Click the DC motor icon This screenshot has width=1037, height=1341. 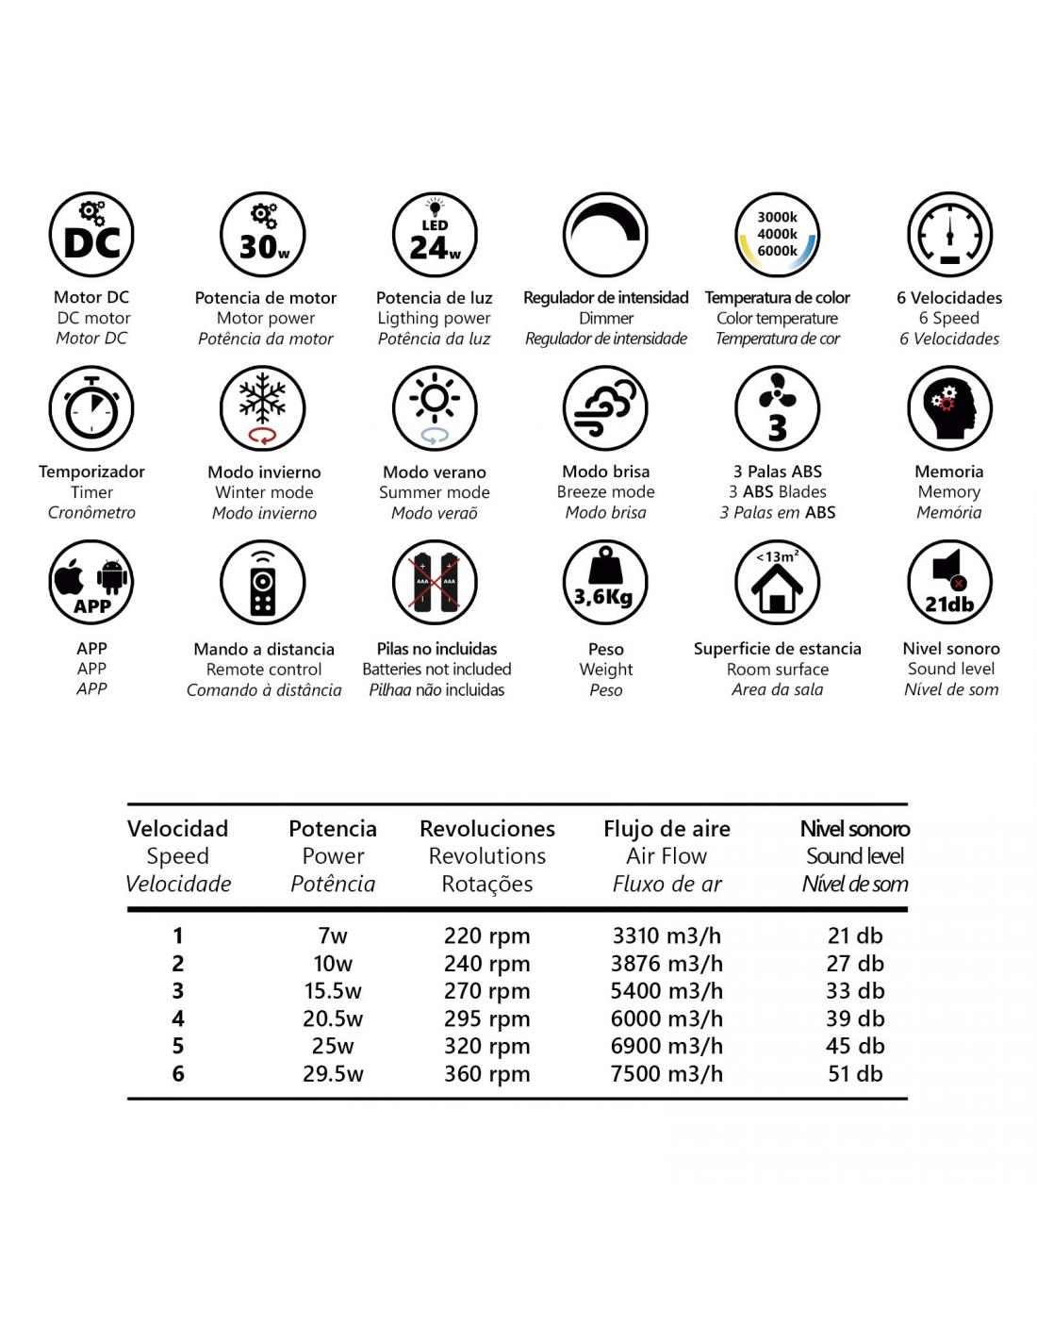pos(91,235)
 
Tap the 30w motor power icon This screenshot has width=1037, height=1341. pos(263,235)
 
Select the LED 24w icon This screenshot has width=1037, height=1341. pos(435,235)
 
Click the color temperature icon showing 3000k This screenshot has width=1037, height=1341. pos(778,235)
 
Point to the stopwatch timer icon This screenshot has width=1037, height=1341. pos(91,408)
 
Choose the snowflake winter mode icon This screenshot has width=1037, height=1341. pos(263,408)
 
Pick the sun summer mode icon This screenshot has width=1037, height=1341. pos(435,408)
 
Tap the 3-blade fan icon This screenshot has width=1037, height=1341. pos(778,408)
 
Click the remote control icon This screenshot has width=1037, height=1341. pos(263,583)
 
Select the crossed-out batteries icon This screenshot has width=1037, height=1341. pos(435,583)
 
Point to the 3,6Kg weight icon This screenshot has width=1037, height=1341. pos(605,583)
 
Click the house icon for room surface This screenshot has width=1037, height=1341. pos(778,583)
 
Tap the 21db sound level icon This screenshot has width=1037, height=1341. pos(949,583)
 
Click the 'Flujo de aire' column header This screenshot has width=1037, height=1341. pos(667,829)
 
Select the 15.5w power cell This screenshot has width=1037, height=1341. pos(333,991)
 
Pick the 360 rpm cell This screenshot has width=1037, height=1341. pos(486,1074)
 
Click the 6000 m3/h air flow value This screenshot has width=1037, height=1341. pos(667,1018)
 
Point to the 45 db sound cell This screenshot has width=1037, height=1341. pos(855,1046)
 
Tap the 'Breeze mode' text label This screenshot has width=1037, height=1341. pos(605,492)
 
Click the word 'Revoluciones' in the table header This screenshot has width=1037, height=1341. pos(486,829)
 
